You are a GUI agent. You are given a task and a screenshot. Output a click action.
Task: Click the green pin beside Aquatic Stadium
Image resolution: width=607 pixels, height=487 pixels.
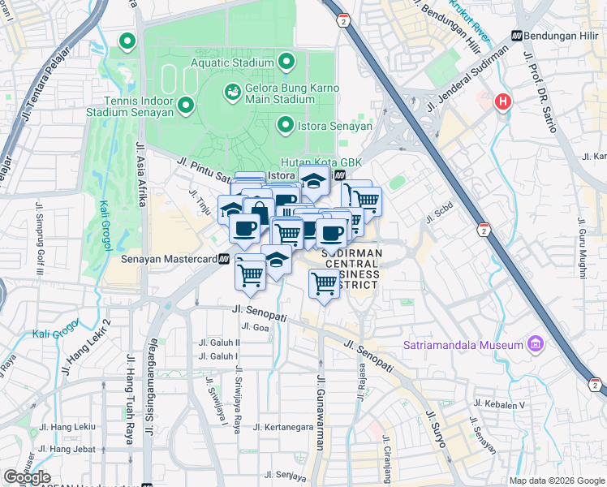coord(286,62)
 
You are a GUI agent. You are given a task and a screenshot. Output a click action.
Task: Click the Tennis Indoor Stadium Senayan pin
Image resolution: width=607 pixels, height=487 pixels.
coord(185,106)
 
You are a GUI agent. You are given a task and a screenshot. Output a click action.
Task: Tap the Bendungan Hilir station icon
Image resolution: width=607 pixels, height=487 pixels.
coord(515,37)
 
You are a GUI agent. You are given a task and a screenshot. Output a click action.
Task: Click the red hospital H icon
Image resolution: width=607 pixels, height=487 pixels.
coord(503,102)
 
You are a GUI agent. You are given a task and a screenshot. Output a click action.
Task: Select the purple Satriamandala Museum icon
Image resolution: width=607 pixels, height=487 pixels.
coord(534,345)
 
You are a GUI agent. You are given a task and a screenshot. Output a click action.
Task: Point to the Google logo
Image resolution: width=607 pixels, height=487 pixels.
coord(27,477)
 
